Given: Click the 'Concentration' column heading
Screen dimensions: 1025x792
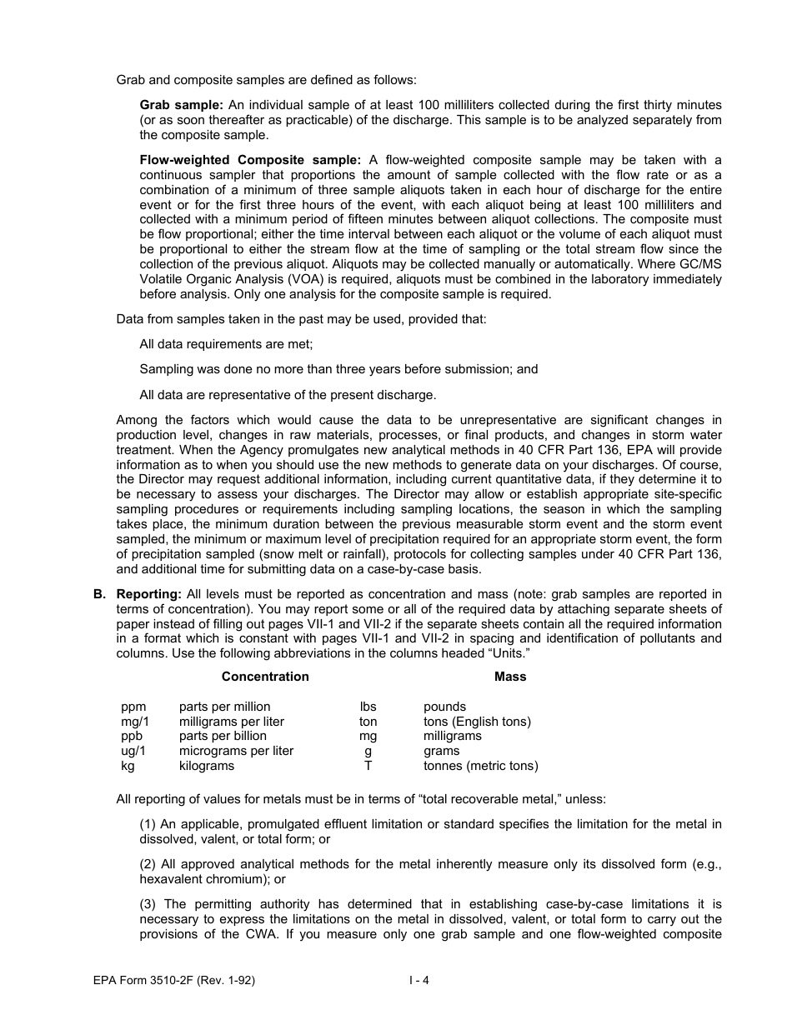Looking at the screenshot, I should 265,677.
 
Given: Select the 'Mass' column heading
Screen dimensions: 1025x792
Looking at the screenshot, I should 510,677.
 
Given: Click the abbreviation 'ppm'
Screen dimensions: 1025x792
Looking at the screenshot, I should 133,707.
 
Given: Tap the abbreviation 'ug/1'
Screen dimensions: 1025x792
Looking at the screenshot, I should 133,751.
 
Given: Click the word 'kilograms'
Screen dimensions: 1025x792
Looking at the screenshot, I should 207,765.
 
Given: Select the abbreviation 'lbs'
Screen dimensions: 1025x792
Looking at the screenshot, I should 368,707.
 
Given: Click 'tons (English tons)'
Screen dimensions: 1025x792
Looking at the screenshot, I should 477,722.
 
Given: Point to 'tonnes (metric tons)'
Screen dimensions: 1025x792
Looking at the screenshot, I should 480,765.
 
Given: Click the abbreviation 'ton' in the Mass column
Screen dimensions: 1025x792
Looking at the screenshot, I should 368,722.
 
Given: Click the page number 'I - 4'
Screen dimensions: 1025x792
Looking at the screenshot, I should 419,980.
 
